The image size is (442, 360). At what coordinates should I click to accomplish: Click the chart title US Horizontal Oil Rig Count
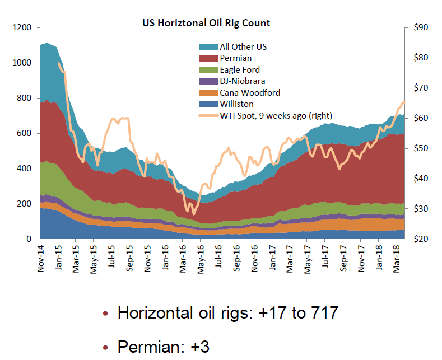pyautogui.click(x=206, y=23)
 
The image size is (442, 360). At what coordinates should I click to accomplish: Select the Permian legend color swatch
pyautogui.click(x=208, y=58)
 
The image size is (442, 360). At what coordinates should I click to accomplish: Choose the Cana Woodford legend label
pyautogui.click(x=249, y=93)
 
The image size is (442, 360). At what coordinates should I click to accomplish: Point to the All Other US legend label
pyautogui.click(x=243, y=47)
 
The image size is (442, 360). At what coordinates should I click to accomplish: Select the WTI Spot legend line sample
pyautogui.click(x=208, y=116)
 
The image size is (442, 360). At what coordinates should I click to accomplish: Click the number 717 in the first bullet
pyautogui.click(x=322, y=312)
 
